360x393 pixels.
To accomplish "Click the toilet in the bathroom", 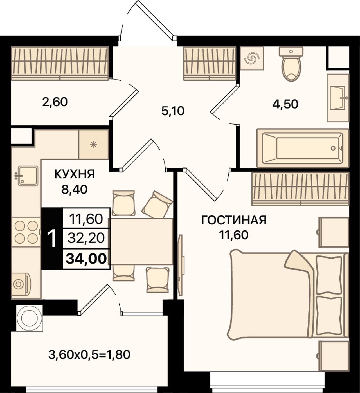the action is coord(291,64).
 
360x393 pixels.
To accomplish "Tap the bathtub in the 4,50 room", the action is coord(303,148).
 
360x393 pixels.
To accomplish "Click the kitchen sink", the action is coord(28,176).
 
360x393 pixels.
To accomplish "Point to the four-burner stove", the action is coord(26,232).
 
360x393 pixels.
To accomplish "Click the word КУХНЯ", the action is coord(75,174).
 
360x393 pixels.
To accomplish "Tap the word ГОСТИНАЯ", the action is coord(234,220).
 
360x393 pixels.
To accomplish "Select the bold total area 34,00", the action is coord(86,259).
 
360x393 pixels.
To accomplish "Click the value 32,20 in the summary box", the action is coord(86,239).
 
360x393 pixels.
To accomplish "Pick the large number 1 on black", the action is coord(52,239).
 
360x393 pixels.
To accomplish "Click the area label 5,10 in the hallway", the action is coord(173,111).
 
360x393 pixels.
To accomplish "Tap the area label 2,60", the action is coord(55,102).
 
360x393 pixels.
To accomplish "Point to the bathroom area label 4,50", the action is coord(285,104).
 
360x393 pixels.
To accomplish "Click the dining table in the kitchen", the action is coord(141,242).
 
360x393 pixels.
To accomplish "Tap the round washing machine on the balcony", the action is coord(30,318).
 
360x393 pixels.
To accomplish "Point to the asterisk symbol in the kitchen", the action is coord(93,145).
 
